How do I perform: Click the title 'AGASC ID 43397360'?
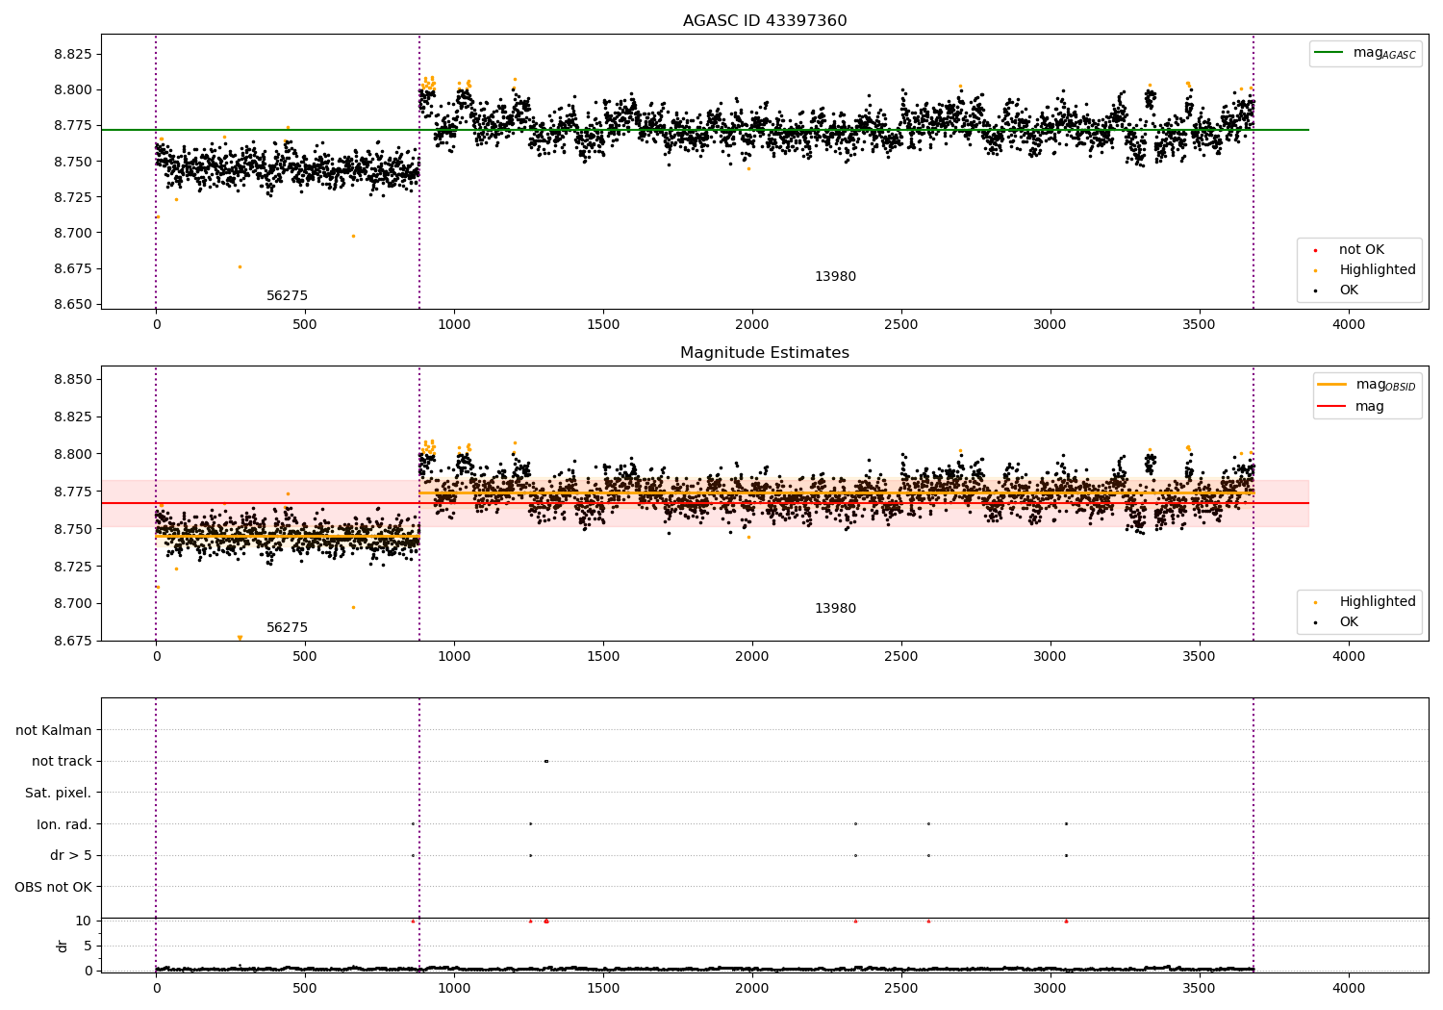[x=765, y=21]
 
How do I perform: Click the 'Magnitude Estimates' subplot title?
[x=765, y=353]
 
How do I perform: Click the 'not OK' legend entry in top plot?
[x=1360, y=250]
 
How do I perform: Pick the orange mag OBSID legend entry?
[x=1366, y=385]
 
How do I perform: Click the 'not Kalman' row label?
[x=54, y=731]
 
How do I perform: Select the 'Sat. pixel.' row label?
[x=58, y=794]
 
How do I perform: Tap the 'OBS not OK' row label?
[x=53, y=887]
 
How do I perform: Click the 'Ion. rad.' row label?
[x=63, y=824]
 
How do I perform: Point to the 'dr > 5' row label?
[x=70, y=856]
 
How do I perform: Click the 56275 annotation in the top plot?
[x=287, y=296]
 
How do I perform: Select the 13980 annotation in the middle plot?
[x=835, y=609]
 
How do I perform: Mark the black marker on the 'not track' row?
[x=545, y=762]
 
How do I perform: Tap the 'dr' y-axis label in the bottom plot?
[x=63, y=946]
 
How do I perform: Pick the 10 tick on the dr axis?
[x=84, y=921]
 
